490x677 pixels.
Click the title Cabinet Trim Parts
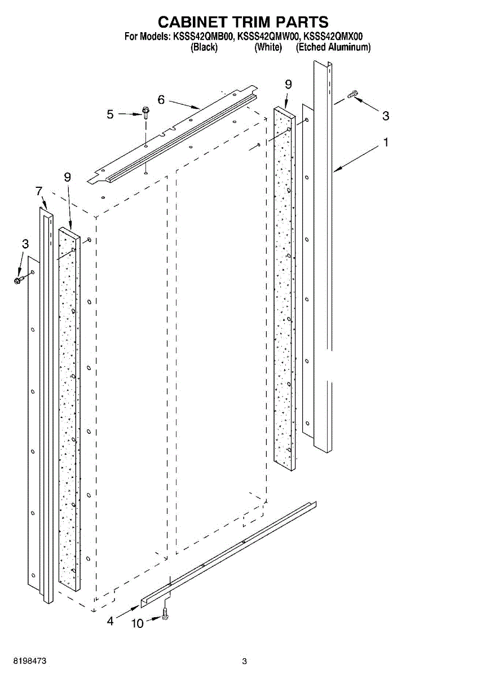pyautogui.click(x=243, y=22)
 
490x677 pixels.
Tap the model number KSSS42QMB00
pyautogui.click(x=202, y=37)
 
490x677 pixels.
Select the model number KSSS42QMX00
pyautogui.click(x=333, y=37)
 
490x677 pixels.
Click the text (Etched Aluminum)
pyautogui.click(x=333, y=47)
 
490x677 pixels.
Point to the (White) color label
pyautogui.click(x=268, y=47)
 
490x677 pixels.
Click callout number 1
pyautogui.click(x=386, y=143)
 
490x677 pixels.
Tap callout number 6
pyautogui.click(x=161, y=100)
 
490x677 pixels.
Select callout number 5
pyautogui.click(x=110, y=114)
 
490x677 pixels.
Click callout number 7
pyautogui.click(x=39, y=191)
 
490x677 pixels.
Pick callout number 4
pyautogui.click(x=111, y=621)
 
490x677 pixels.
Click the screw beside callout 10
pyautogui.click(x=165, y=615)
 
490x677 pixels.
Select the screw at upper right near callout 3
pyautogui.click(x=352, y=95)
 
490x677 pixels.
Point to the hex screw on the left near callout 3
pyautogui.click(x=18, y=279)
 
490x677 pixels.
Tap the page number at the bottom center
pyautogui.click(x=244, y=661)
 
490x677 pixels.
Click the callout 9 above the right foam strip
pyautogui.click(x=288, y=84)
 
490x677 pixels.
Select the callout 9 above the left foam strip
pyautogui.click(x=68, y=177)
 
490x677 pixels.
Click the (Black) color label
pyautogui.click(x=204, y=47)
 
